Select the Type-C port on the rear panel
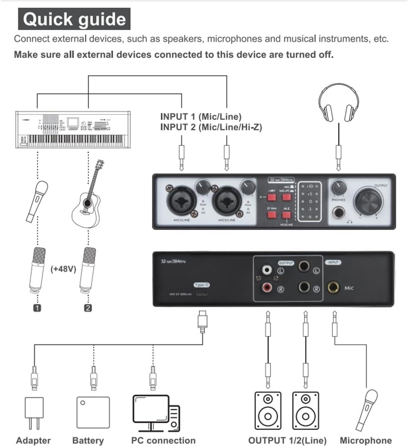point(201,293)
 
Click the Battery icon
point(93,412)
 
